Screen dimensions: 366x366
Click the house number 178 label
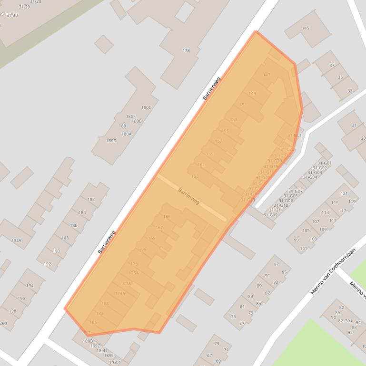(186, 50)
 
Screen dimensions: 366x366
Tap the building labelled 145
(306, 28)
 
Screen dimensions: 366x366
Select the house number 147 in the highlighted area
(267, 75)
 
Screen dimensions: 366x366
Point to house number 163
(195, 176)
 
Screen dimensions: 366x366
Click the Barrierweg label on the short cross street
(188, 196)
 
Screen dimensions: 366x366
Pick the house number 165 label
(167, 217)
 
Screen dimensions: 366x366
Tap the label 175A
(134, 273)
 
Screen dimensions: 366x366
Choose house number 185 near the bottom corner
(93, 323)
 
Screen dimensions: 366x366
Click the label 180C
(146, 107)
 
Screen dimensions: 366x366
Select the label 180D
(111, 141)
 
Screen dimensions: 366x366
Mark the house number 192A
(16, 241)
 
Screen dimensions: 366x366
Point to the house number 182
(91, 200)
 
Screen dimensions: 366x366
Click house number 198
(13, 311)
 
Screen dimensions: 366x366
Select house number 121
(344, 193)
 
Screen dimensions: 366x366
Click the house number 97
(276, 264)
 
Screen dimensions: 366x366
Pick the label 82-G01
(345, 321)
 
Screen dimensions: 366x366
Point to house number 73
(217, 344)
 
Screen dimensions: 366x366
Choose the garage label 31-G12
(270, 215)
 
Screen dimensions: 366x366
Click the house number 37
(332, 66)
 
